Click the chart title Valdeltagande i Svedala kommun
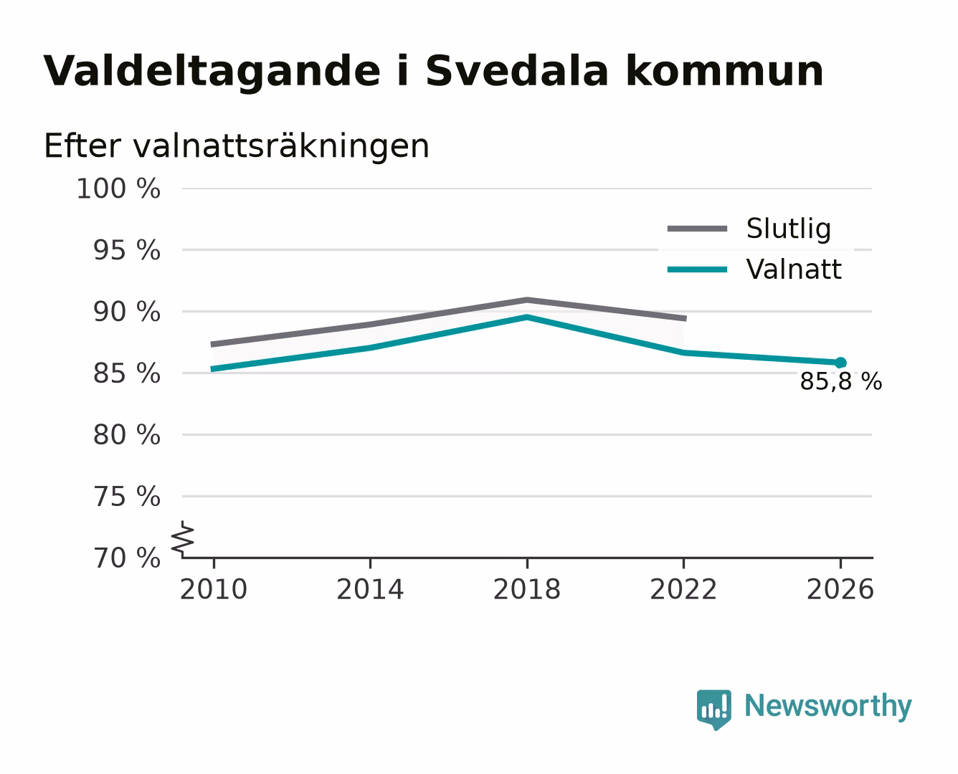point(433,72)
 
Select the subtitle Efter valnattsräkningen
point(237,146)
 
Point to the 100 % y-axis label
point(118,188)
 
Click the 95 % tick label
point(127,250)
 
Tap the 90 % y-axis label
point(127,312)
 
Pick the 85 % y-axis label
point(127,373)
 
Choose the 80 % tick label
point(127,434)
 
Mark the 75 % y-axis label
point(127,496)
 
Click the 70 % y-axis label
point(127,558)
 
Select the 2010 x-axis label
point(214,589)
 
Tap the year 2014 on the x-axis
point(370,589)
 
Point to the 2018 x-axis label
point(527,589)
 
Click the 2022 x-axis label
point(683,589)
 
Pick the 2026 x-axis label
point(840,589)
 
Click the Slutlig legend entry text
point(789,229)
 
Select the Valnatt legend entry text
point(794,269)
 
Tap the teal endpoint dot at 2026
point(840,363)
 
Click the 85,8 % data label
point(841,382)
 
